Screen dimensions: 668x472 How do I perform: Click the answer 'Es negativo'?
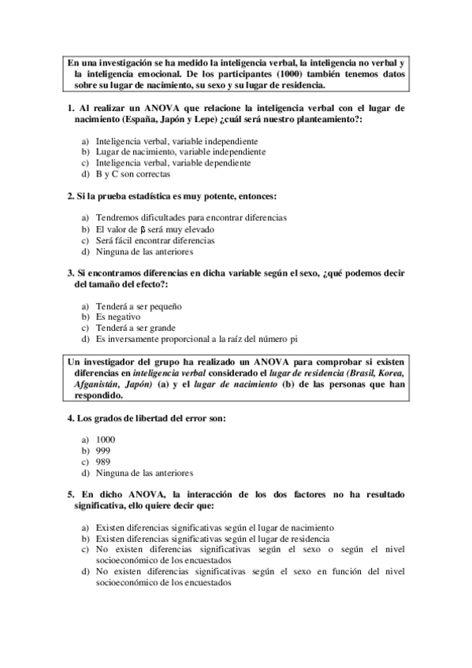pos(118,317)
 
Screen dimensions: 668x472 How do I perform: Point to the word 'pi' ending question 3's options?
pos(292,339)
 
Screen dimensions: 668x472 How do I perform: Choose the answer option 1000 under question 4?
pos(105,439)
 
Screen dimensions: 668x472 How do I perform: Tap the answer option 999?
pos(103,450)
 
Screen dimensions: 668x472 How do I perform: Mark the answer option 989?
pos(103,462)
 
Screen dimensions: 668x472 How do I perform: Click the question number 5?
pos(69,495)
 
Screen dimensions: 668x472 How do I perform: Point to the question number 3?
pos(69,273)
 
